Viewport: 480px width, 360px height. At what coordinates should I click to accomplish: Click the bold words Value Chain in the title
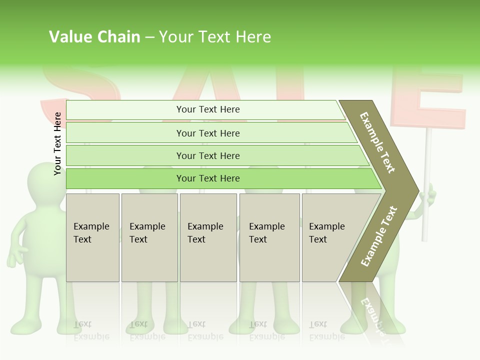[x=94, y=37]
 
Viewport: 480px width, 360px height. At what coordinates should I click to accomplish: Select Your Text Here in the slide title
[x=215, y=37]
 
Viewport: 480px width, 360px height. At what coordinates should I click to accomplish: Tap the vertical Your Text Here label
[x=57, y=143]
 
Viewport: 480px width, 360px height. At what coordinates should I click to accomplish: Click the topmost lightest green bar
[x=207, y=109]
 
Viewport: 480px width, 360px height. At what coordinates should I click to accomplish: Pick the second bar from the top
[x=207, y=133]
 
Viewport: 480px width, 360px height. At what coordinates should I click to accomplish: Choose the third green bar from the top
[x=207, y=155]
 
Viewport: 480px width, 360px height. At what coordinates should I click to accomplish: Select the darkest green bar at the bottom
[x=207, y=178]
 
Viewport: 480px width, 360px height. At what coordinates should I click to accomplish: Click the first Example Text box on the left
[x=92, y=237]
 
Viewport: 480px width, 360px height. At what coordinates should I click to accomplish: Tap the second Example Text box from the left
[x=149, y=237]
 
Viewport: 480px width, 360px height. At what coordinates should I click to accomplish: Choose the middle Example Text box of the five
[x=208, y=237]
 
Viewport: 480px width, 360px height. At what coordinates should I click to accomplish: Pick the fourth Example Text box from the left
[x=269, y=237]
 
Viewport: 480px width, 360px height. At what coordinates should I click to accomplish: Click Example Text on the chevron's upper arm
[x=377, y=142]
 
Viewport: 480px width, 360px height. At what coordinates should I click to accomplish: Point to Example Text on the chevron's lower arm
[x=379, y=236]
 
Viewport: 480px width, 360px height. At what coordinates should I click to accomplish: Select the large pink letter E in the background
[x=430, y=95]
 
